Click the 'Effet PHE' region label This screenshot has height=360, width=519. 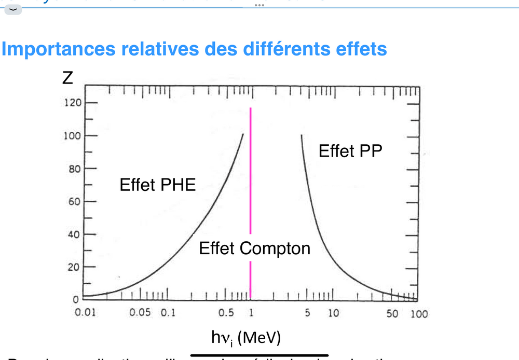(x=158, y=185)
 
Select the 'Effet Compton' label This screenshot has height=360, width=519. (x=254, y=248)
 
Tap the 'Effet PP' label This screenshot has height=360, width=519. (x=350, y=151)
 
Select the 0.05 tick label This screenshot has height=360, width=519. (x=140, y=314)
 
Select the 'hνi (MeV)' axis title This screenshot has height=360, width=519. (x=245, y=338)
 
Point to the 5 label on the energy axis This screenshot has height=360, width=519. (x=307, y=314)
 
